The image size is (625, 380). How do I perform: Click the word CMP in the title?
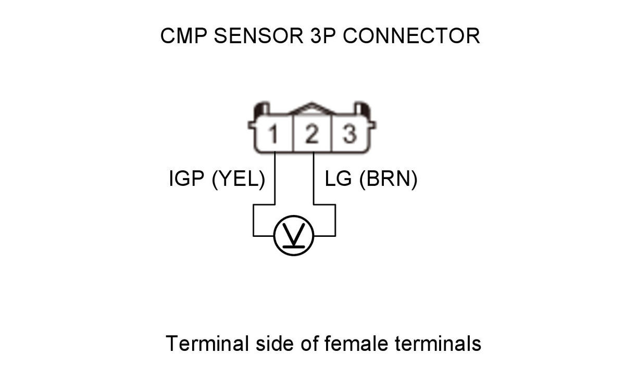pos(183,36)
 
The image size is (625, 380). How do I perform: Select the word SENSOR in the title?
pos(259,36)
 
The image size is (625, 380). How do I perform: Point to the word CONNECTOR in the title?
pos(411,36)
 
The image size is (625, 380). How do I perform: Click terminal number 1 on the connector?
pos(273,134)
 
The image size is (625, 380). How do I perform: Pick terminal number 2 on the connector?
pos(312,134)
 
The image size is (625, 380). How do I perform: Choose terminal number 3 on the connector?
pos(349,134)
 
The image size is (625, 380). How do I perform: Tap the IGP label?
pos(186,179)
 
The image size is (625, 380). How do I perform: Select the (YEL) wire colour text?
pos(239,179)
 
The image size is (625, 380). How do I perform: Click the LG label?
pos(338,179)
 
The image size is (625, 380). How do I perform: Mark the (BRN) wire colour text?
pos(389,179)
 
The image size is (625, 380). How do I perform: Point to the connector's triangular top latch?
pos(311,108)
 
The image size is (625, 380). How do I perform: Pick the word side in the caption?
pos(274,343)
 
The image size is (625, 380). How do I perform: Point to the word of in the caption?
pos(309,343)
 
